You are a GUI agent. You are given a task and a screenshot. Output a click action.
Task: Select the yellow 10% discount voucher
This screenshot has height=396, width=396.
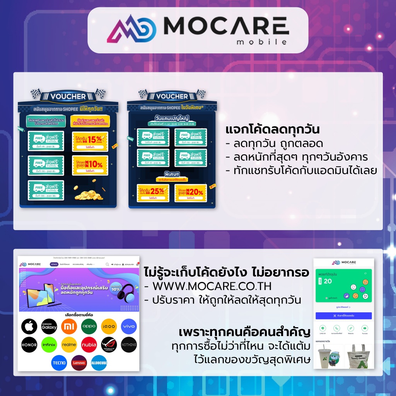(x=90, y=165)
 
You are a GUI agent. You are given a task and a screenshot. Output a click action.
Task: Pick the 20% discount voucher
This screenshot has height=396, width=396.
(x=190, y=193)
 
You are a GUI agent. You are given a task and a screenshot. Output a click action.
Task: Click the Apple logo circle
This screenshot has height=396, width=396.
(x=29, y=327)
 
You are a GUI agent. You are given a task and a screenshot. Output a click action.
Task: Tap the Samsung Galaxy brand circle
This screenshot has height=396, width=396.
(x=49, y=327)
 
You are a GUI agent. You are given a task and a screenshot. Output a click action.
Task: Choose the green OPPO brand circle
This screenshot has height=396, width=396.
(x=89, y=327)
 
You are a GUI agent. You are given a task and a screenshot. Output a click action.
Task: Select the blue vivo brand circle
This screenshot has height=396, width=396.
(x=129, y=327)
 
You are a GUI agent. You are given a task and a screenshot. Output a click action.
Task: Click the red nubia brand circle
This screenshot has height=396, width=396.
(x=89, y=345)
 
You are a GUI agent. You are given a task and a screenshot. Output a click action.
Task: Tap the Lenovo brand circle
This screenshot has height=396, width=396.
(x=79, y=363)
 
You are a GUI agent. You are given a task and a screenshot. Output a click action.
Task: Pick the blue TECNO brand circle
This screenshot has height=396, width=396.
(x=59, y=363)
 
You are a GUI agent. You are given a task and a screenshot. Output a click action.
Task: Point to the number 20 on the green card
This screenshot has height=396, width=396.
(x=328, y=281)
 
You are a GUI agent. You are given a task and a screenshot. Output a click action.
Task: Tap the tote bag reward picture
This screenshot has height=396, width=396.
(x=358, y=356)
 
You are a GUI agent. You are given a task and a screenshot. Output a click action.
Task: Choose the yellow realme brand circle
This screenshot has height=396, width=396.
(x=69, y=345)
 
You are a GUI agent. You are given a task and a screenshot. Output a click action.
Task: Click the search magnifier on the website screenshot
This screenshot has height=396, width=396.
(x=108, y=265)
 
